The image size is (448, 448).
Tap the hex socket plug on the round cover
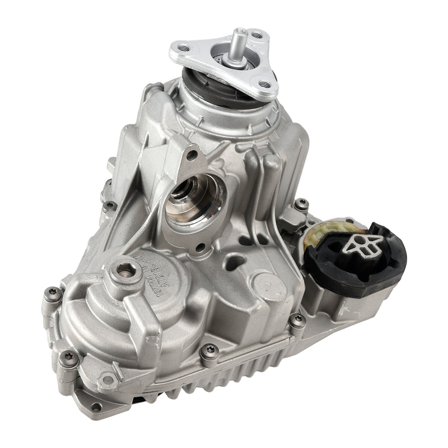[125, 270]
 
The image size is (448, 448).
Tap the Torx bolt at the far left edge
[52, 293]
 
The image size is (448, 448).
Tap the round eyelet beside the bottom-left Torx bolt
[106, 381]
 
